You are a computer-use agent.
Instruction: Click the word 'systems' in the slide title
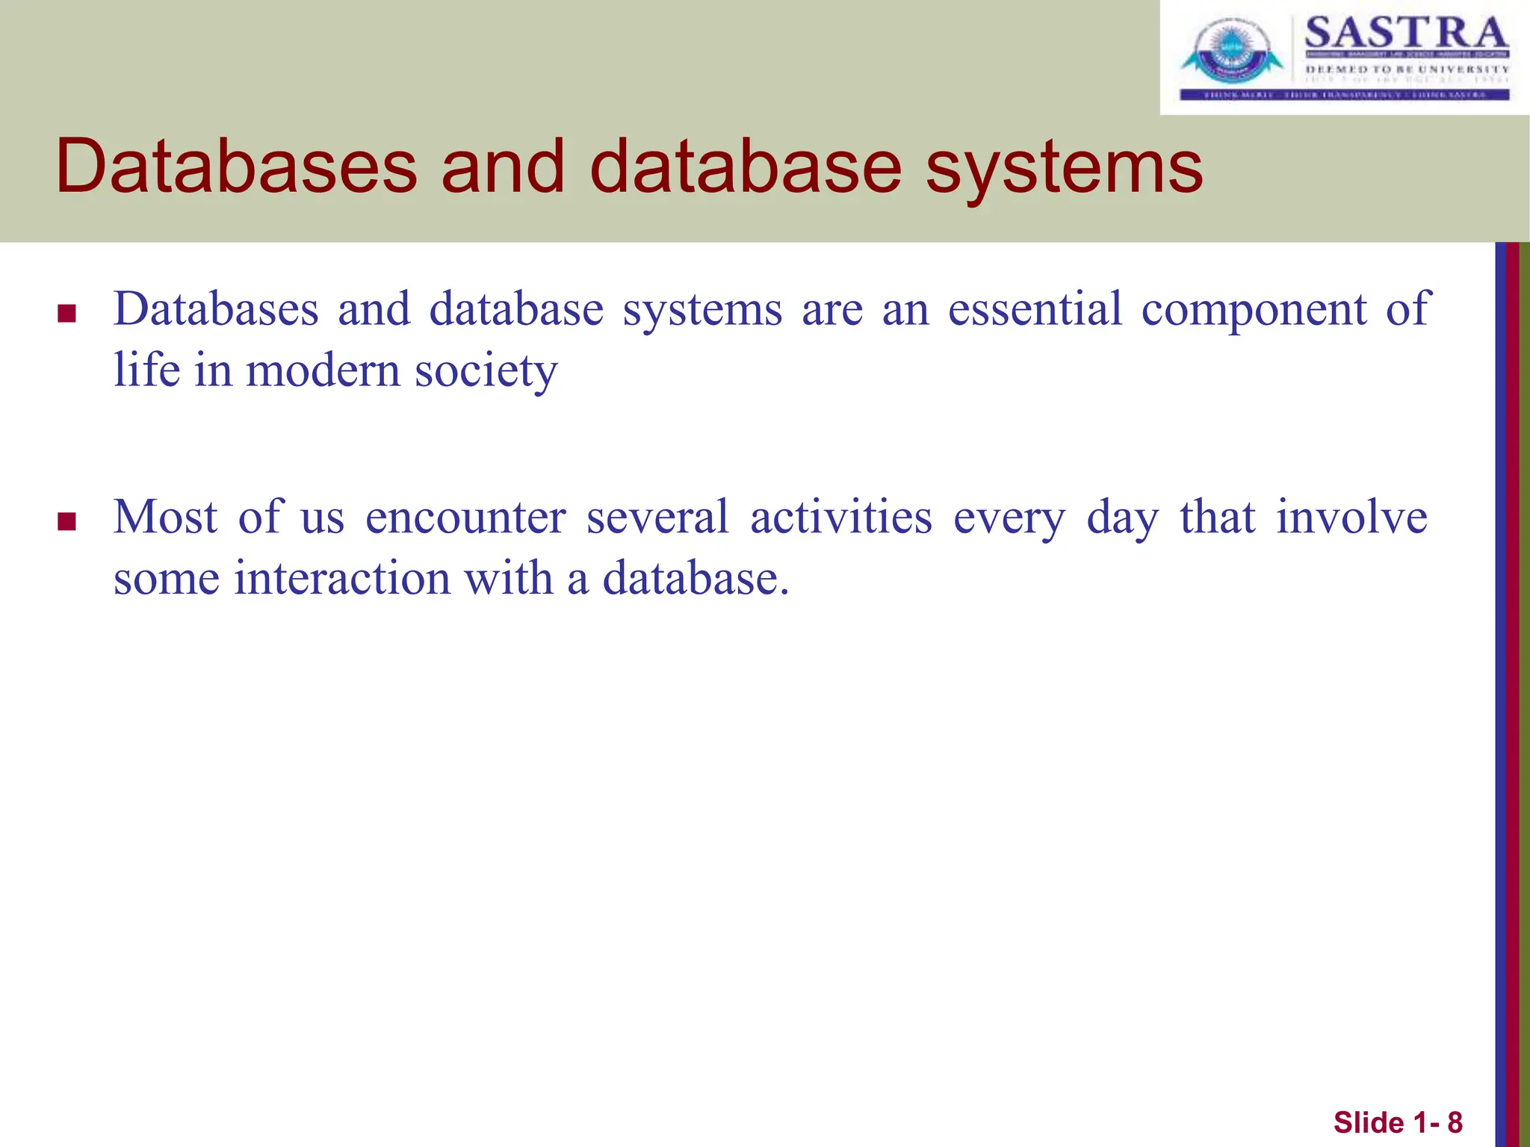[1064, 169]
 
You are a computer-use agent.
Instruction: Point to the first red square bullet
[67, 313]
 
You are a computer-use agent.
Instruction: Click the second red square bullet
[67, 521]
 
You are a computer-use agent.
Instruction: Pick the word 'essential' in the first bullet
[1035, 308]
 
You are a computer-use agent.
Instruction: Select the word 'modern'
[323, 370]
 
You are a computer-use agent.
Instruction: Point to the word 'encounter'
[465, 517]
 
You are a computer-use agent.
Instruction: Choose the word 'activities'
[840, 517]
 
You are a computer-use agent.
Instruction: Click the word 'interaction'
[342, 578]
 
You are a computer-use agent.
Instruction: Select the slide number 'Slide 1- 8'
[1398, 1122]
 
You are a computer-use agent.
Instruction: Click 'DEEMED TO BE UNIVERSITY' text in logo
[1407, 69]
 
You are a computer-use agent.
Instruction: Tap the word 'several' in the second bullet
[657, 517]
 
